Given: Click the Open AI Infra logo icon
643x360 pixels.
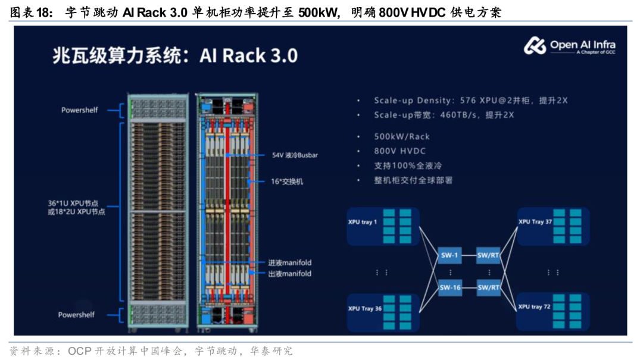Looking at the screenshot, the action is (x=535, y=45).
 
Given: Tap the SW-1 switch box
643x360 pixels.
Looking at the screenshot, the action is (x=450, y=255).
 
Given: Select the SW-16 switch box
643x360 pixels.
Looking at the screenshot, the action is (x=450, y=287).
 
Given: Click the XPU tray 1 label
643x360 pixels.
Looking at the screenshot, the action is (x=363, y=222).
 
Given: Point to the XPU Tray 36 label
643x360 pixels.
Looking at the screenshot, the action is (x=365, y=308).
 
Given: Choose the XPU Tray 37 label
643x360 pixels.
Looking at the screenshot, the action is (x=535, y=221).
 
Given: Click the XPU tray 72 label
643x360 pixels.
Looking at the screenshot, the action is (x=534, y=306).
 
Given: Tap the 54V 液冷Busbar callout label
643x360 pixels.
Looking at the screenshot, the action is (x=295, y=155).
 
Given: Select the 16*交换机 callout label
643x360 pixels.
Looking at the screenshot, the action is (x=286, y=181).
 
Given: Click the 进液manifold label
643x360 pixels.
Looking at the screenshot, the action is (x=289, y=262).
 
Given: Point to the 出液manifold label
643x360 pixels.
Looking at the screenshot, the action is (x=289, y=274).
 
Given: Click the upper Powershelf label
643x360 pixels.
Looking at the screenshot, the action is (x=80, y=110).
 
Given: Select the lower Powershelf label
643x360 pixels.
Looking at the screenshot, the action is (x=76, y=315).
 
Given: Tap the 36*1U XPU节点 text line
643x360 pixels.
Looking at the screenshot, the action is (x=73, y=203).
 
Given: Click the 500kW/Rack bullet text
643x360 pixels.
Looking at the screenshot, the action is (x=402, y=136).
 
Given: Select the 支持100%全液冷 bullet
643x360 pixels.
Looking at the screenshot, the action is (x=408, y=165).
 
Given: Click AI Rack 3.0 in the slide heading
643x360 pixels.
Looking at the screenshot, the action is (x=248, y=55).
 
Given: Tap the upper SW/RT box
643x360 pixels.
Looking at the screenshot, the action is (x=488, y=255).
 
